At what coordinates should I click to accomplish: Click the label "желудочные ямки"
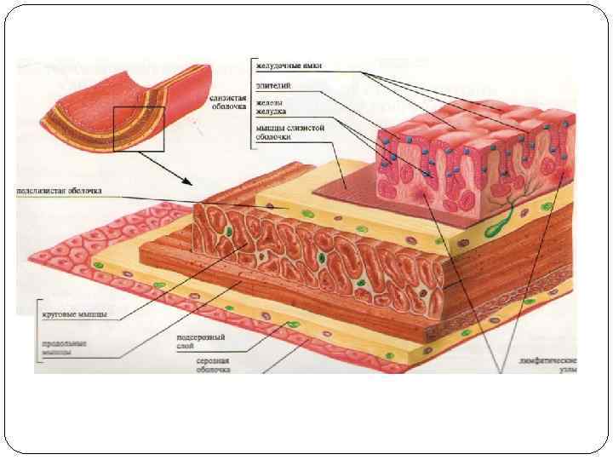[289, 66]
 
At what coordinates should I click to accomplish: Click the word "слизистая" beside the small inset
[228, 99]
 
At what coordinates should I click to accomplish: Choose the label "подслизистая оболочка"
[60, 191]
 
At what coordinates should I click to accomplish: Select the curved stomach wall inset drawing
[119, 106]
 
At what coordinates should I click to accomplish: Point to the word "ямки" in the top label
[312, 66]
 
